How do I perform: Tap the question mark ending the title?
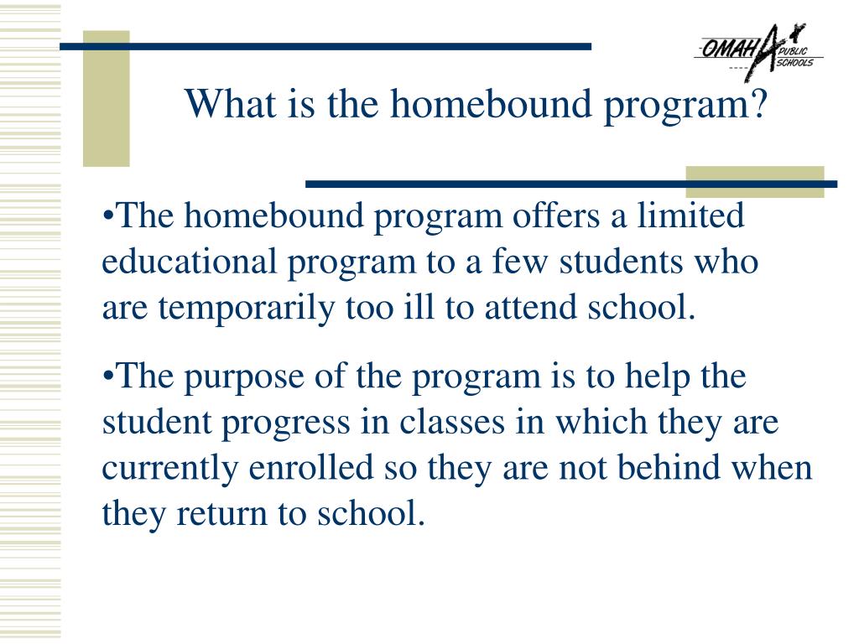tap(758, 105)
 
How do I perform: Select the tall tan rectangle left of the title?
tap(106, 99)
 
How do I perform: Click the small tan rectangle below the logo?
tap(754, 182)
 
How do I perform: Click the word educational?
tap(189, 262)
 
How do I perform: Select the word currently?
tap(170, 469)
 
